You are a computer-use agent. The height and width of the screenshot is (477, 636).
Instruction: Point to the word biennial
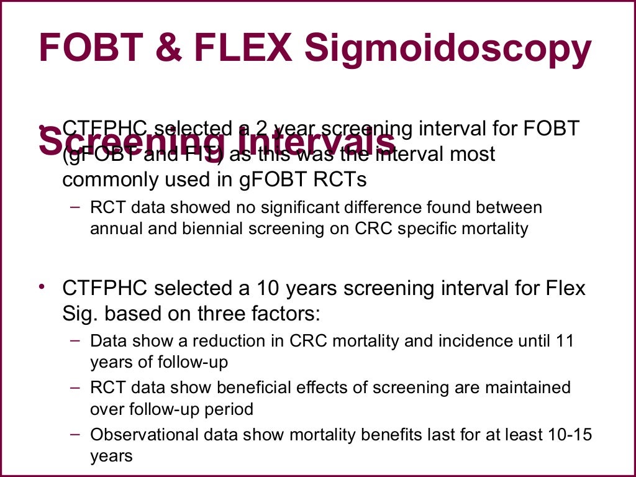pos(206,229)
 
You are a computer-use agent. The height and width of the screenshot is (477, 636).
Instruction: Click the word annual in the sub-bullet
pos(116,229)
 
